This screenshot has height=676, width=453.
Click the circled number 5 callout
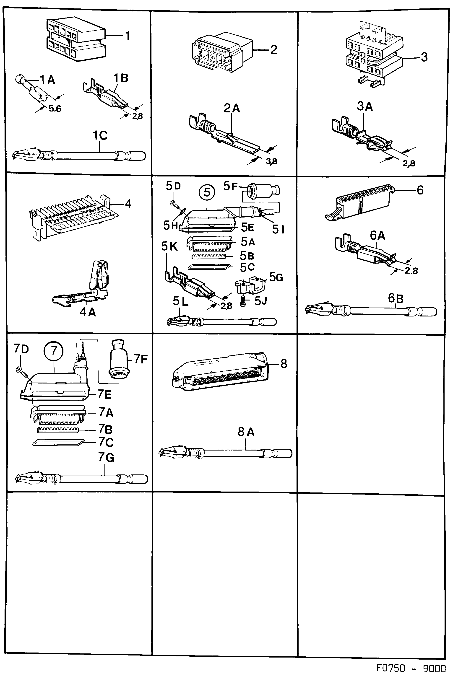point(207,192)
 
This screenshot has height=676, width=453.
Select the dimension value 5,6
point(55,109)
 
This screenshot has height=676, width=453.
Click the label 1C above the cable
point(100,135)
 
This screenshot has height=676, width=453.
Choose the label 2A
point(232,108)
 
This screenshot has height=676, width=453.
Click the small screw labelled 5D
point(174,204)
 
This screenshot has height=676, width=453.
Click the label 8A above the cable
point(246,432)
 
